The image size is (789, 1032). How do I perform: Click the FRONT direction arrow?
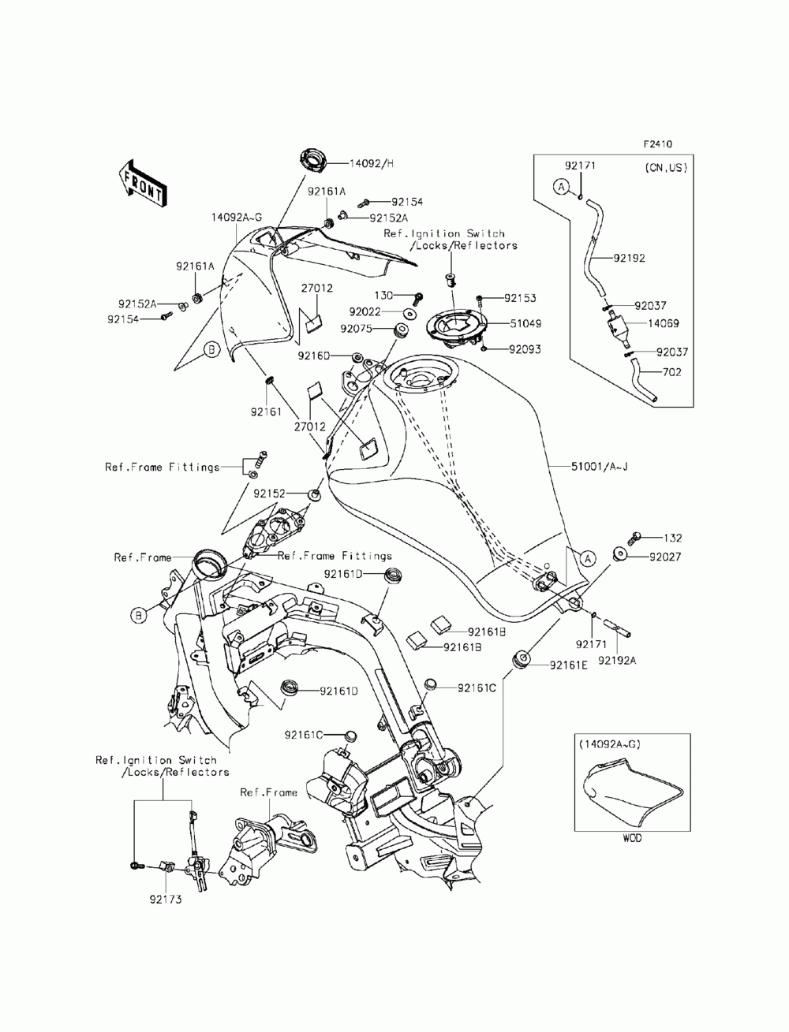click(141, 184)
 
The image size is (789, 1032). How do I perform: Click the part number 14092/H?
click(371, 163)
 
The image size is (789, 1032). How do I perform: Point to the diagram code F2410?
click(658, 144)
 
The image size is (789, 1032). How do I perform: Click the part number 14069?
click(664, 323)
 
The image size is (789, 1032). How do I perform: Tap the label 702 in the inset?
click(671, 372)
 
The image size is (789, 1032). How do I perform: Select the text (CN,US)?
click(666, 168)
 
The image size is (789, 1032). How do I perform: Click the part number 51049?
click(525, 323)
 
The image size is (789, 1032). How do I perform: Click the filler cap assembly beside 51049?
click(455, 328)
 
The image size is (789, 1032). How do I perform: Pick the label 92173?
click(166, 900)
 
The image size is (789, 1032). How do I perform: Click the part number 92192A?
click(617, 661)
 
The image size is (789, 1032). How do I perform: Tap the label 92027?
click(665, 557)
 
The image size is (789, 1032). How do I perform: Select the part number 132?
click(672, 538)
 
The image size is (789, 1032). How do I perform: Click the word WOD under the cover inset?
click(632, 838)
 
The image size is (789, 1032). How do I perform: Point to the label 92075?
click(356, 329)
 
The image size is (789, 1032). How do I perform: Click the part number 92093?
click(525, 349)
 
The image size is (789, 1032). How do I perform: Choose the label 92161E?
click(569, 665)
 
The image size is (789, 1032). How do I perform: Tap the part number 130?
click(383, 296)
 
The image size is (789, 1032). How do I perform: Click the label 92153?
click(520, 298)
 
